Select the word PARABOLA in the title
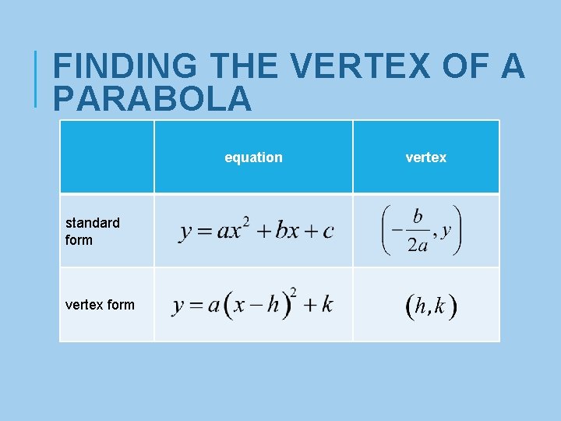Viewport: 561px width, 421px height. point(153,99)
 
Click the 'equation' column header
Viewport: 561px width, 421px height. point(253,157)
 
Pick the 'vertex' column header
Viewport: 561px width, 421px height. point(425,157)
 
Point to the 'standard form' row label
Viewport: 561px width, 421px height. point(93,232)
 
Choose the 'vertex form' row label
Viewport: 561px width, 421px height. point(100,305)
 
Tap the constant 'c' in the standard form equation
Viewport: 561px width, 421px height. point(328,232)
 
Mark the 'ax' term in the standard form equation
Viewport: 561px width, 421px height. point(228,232)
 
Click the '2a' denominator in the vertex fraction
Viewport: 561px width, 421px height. point(417,245)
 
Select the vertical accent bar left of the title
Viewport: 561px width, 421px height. point(36,78)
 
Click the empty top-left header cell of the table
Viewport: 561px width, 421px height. point(107,157)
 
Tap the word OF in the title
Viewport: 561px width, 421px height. point(464,67)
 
